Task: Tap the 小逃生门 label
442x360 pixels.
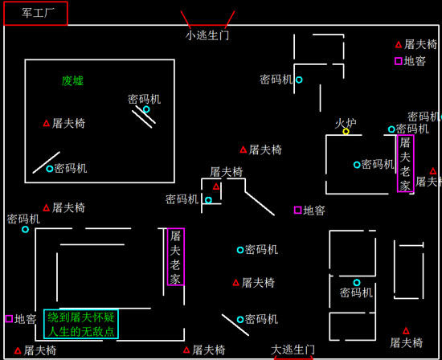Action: [207, 35]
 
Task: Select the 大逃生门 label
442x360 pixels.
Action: [293, 350]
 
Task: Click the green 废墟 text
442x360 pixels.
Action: [72, 81]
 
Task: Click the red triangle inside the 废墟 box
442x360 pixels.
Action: [47, 123]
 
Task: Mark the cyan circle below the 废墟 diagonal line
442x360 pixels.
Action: [50, 169]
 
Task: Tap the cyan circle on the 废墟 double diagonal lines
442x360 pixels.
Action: [146, 109]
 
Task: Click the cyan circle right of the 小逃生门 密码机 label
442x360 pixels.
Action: [299, 80]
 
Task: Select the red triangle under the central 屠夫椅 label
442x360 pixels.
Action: [216, 186]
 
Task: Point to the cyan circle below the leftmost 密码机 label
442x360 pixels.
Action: [25, 230]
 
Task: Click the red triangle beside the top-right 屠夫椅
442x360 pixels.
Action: [399, 44]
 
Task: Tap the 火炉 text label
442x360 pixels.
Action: [346, 123]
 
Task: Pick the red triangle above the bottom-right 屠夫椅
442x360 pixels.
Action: [406, 331]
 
